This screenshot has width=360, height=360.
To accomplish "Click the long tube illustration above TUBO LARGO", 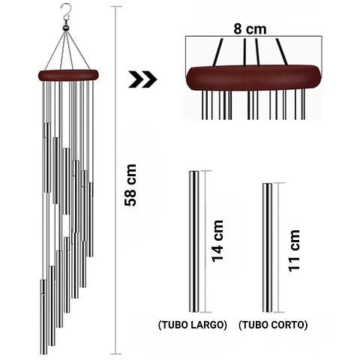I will (193, 241).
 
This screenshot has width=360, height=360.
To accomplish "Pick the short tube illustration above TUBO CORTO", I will (267, 247).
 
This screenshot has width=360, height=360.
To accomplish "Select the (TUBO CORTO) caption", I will (273, 325).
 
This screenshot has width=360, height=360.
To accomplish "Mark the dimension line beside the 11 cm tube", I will (278, 247).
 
